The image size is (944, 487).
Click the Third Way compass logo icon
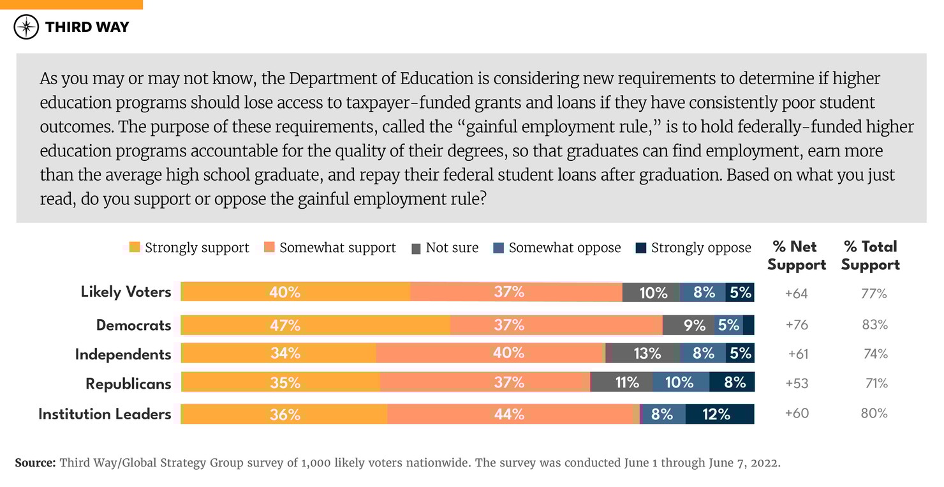(26, 27)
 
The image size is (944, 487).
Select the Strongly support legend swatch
(135, 248)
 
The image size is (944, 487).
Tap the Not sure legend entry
(445, 248)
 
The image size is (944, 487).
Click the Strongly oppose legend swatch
(641, 248)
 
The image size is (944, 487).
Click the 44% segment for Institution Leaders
(510, 414)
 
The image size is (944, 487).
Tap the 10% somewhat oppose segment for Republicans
(681, 382)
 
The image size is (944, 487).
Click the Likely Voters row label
(126, 292)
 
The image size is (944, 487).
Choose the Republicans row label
(128, 384)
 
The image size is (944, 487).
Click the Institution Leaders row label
(105, 414)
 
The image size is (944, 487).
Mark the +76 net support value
(797, 325)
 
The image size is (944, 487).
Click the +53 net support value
(797, 383)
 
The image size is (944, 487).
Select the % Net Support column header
(797, 255)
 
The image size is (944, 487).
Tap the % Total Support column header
(871, 255)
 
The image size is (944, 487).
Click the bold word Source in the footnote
(35, 463)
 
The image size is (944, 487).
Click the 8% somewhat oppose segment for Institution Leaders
(663, 414)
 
